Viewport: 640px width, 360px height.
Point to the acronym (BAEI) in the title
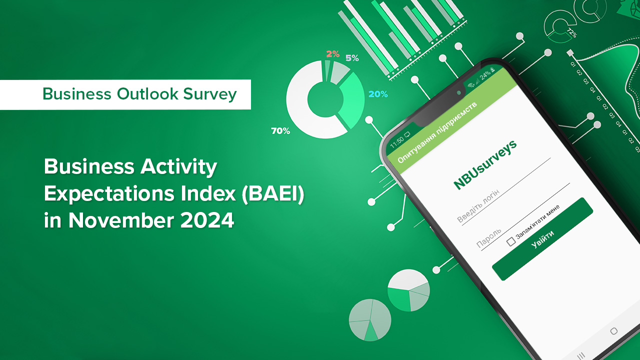273,193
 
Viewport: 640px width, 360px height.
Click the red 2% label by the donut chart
332,54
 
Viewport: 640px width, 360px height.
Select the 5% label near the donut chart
352,58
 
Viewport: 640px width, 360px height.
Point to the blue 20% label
377,94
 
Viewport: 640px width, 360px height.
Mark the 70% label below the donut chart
280,131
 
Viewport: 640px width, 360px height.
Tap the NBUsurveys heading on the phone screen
484,164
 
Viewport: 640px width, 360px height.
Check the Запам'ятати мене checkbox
511,242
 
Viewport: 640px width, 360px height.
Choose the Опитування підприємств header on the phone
436,133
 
